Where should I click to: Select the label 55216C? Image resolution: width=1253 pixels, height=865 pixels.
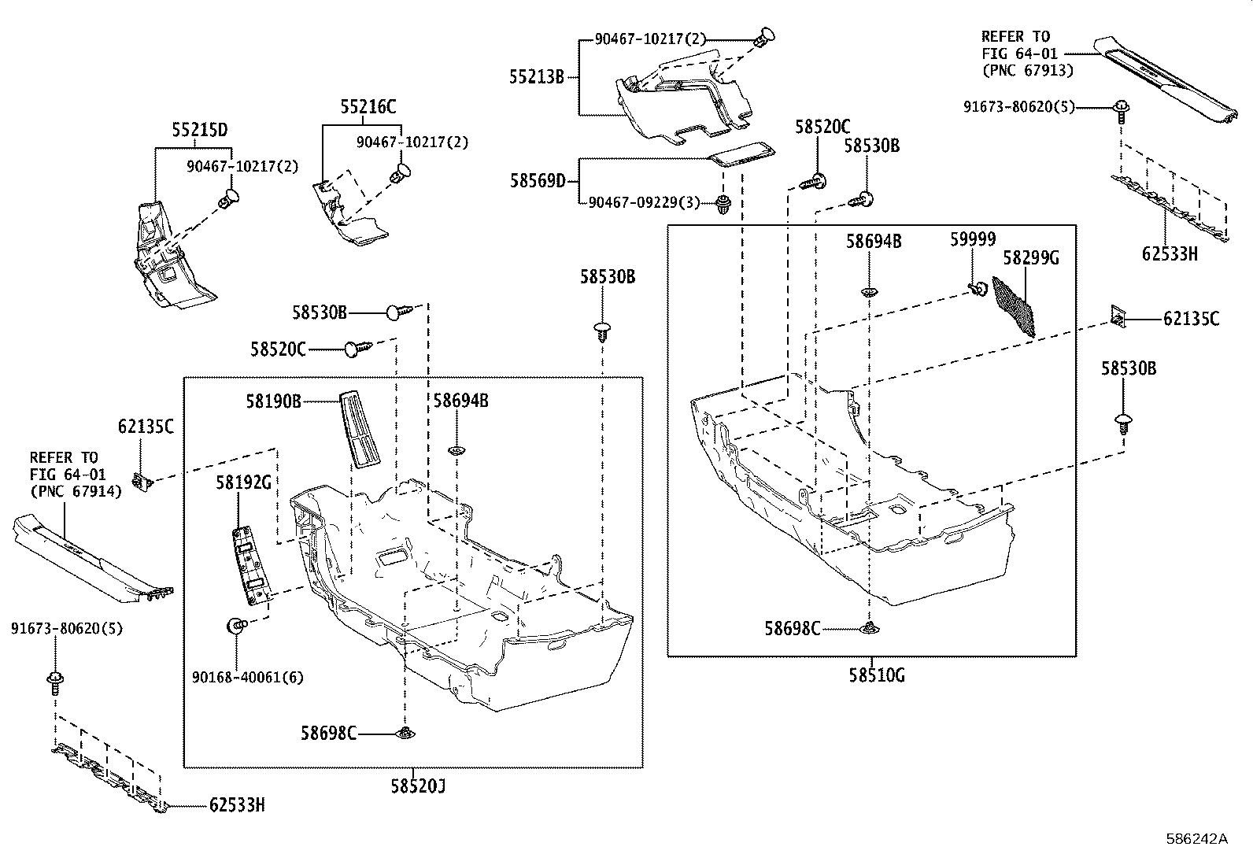tap(368, 107)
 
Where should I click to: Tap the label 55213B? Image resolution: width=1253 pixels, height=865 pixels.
tap(536, 77)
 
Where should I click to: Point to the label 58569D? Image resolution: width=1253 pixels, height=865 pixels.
tap(538, 181)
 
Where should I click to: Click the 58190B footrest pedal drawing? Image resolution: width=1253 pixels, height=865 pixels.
tap(360, 431)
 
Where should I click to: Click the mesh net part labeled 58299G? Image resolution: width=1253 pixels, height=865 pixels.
tap(1014, 305)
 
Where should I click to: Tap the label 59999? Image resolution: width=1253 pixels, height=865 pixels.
tap(972, 240)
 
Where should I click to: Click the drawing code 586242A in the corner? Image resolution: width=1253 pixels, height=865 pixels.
tap(1196, 839)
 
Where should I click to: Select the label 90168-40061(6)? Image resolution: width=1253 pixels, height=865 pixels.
tap(248, 677)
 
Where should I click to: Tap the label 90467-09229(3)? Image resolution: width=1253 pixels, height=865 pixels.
tap(644, 202)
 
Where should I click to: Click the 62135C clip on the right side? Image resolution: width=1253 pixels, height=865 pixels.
tap(1118, 316)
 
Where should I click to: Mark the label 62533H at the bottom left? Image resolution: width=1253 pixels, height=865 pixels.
tap(237, 805)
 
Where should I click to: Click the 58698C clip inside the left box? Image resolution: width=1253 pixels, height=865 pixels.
tap(406, 734)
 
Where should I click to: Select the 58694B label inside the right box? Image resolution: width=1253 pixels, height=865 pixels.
tap(874, 242)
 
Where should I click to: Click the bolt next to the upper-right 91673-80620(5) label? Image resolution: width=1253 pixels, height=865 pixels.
tap(1119, 109)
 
